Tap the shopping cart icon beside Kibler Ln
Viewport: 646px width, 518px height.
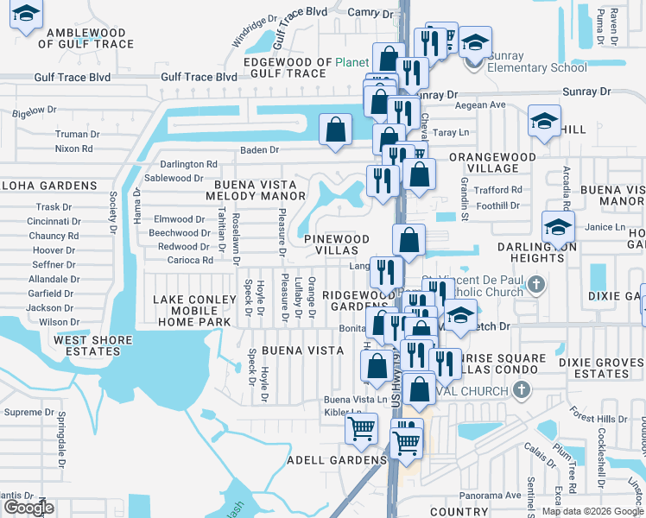tap(361, 427)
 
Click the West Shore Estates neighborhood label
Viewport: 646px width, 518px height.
tap(87, 345)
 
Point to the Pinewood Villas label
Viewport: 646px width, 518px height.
tap(337, 244)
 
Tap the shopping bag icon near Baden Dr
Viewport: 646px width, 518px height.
tap(335, 129)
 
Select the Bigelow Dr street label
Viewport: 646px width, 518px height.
tap(35, 111)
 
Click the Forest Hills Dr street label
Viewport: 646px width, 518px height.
tap(604, 419)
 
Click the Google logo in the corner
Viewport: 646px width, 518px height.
tap(29, 508)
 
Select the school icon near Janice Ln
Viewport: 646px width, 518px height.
tap(558, 229)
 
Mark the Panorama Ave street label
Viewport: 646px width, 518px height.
tap(491, 496)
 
